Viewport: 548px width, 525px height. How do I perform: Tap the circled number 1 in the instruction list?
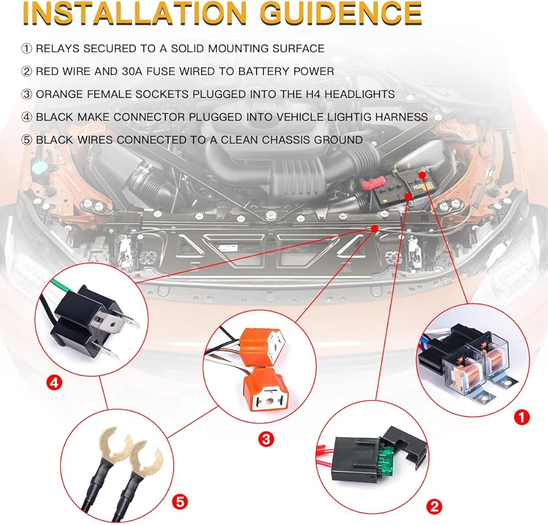coord(26,49)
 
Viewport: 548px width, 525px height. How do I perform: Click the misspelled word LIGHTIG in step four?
coord(341,117)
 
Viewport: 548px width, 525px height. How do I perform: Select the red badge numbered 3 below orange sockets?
coord(265,439)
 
